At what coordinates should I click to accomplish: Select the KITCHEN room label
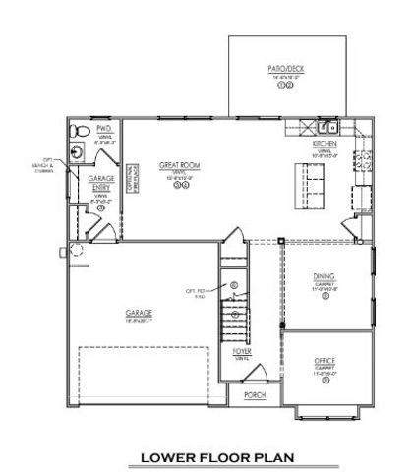(x=326, y=144)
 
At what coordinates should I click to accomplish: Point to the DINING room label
(x=325, y=277)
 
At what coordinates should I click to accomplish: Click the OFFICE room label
(x=325, y=360)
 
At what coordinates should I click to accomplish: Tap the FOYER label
(x=241, y=351)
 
